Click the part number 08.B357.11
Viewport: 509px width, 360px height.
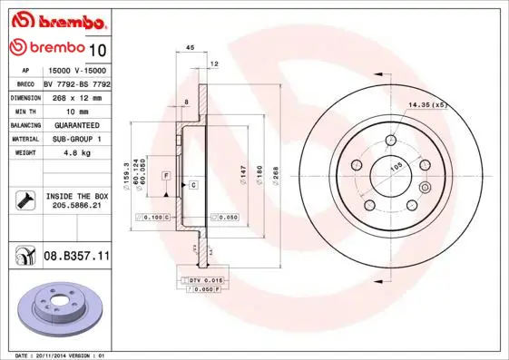76,256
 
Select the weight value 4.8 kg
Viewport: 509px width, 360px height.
77,152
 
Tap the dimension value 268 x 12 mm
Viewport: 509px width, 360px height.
77,98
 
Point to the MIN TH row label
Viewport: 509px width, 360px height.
25,112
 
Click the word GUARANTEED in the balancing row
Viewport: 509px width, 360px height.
77,125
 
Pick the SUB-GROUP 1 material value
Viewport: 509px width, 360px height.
77,139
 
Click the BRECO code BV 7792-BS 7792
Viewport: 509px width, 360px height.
77,84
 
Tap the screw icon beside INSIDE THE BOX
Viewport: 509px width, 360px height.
25,200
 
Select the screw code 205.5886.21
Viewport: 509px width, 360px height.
77,205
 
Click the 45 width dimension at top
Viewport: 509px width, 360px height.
190,48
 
